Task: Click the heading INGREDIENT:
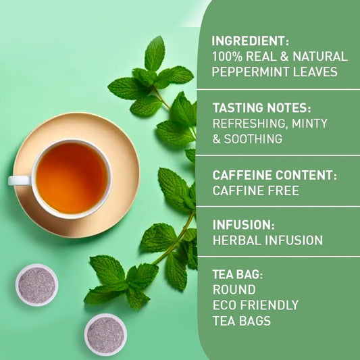(251, 41)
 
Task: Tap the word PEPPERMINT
(251, 72)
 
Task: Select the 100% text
(227, 56)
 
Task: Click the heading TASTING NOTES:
(262, 107)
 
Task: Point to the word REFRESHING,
(251, 124)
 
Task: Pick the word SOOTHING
(253, 139)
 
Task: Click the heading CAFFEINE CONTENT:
(275, 175)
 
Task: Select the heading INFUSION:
(244, 224)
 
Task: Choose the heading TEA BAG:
(238, 274)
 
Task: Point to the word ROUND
(234, 290)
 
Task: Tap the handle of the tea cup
(20, 180)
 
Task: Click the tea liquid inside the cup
(72, 178)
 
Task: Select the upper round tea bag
(36, 285)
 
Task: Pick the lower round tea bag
(105, 335)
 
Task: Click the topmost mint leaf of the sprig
(155, 53)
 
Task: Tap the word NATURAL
(320, 56)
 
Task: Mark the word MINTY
(309, 124)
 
